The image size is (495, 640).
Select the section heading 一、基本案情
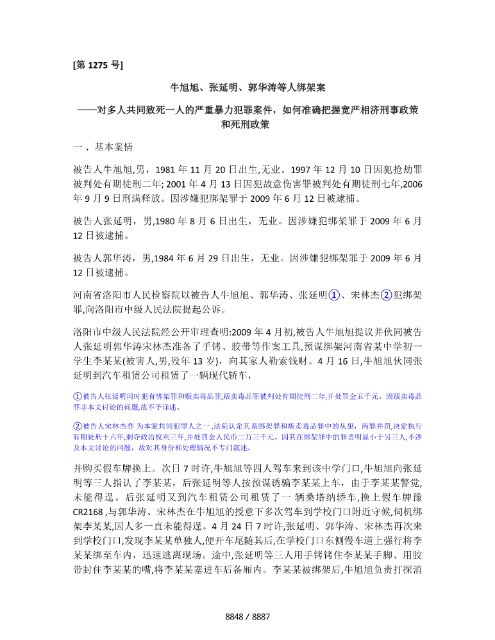(103, 147)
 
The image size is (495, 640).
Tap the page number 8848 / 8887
(247, 617)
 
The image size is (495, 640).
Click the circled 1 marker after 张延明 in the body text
(333, 296)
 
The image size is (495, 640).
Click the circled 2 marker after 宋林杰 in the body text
(385, 296)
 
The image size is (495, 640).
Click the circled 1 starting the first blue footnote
(77, 397)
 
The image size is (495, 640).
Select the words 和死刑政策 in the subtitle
(247, 125)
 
